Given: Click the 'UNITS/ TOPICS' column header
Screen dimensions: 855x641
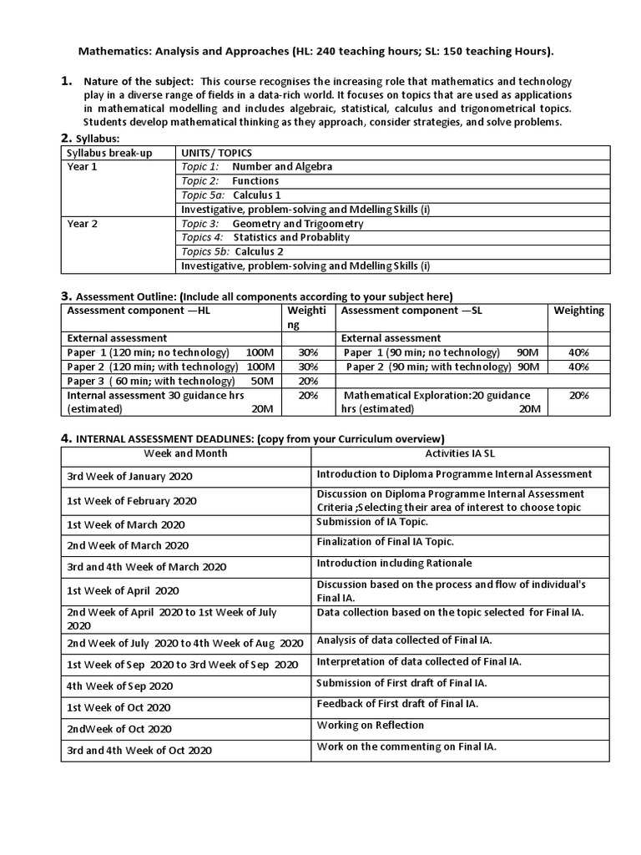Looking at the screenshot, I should pos(217,153).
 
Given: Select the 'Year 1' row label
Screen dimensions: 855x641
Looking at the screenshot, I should pos(83,167).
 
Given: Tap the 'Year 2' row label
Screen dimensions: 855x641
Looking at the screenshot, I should pos(83,224).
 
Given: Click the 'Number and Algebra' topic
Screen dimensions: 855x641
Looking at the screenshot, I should pos(282,167).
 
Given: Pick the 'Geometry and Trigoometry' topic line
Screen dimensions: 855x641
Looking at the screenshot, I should pos(298,224).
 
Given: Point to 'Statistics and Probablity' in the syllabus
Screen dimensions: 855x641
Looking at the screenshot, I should pos(291,238).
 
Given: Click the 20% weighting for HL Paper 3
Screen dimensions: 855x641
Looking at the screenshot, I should pos(308,381).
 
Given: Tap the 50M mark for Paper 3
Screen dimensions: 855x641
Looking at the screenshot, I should pos(261,381).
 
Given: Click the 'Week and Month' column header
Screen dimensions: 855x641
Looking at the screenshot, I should pos(185,453).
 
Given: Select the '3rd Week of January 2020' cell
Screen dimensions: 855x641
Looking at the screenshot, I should pos(129,476).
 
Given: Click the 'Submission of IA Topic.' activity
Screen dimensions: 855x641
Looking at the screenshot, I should pos(372,522).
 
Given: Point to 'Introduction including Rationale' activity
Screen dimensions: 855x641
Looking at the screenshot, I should pos(394,563).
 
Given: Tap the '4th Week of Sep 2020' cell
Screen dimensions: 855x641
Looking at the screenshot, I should pos(120,686).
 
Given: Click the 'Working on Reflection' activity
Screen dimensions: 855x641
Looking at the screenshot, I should pos(371,726).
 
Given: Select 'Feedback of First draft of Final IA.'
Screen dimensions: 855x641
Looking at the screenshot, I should pos(397,705).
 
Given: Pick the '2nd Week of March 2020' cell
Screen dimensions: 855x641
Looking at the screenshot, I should pos(128,545).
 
